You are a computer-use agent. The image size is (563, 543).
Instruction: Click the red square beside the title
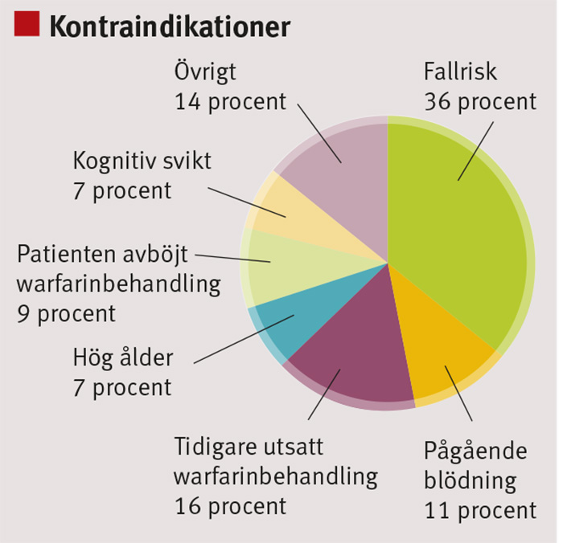coord(27,23)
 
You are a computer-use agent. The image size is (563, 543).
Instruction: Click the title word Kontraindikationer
coord(170,27)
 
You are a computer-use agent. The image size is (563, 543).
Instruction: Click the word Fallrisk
coord(460,71)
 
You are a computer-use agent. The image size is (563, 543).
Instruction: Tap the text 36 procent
coord(480,102)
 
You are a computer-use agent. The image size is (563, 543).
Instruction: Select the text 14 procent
coord(231,102)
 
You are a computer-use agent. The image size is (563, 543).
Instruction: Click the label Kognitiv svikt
coord(142,161)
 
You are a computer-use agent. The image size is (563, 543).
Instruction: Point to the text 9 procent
coord(67,315)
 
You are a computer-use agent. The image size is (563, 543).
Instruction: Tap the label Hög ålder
coord(123,358)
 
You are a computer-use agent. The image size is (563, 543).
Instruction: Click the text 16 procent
coord(231,507)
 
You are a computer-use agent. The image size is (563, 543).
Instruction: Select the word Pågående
coord(475,451)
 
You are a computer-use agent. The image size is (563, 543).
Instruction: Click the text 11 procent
coord(480,511)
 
